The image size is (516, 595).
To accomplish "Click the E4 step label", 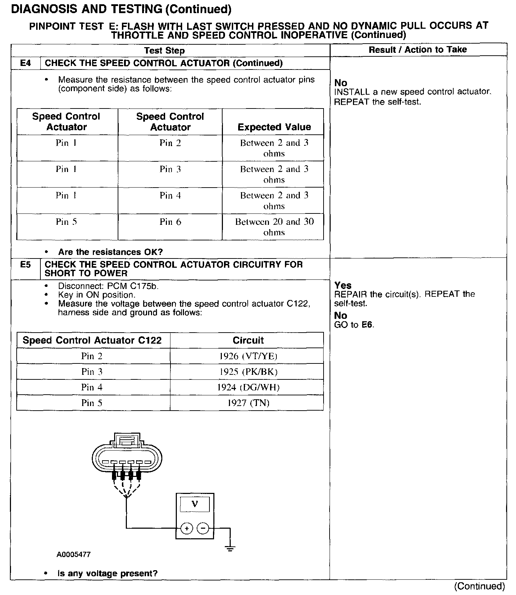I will click(x=26, y=63).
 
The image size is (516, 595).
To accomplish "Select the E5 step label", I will click(x=26, y=265).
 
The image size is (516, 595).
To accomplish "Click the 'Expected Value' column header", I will click(x=274, y=127).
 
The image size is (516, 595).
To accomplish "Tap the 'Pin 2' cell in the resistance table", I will click(x=170, y=143).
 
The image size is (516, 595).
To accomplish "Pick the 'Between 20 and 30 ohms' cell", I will click(x=274, y=227).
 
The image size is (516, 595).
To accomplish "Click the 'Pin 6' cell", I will click(x=170, y=222).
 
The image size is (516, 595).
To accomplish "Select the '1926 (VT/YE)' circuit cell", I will click(x=248, y=356).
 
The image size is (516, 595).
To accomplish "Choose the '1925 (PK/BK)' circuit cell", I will click(x=248, y=372).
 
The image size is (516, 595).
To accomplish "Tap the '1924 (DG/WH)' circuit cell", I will click(x=248, y=387).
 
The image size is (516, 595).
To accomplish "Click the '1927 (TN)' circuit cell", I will click(x=248, y=403).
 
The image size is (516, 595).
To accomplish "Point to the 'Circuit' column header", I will click(x=248, y=340).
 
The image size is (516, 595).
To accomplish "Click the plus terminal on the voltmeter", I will click(x=186, y=529).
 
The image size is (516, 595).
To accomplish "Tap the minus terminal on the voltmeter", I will click(x=203, y=529).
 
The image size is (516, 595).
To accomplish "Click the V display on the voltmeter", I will click(x=195, y=504).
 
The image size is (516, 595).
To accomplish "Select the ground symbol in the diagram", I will click(x=230, y=549).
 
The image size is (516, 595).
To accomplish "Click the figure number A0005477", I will click(x=74, y=555).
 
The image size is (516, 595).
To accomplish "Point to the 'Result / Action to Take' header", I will click(x=418, y=50).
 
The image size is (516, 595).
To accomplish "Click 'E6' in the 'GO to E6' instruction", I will click(x=368, y=325).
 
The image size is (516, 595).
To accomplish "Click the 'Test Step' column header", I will click(x=164, y=51).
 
